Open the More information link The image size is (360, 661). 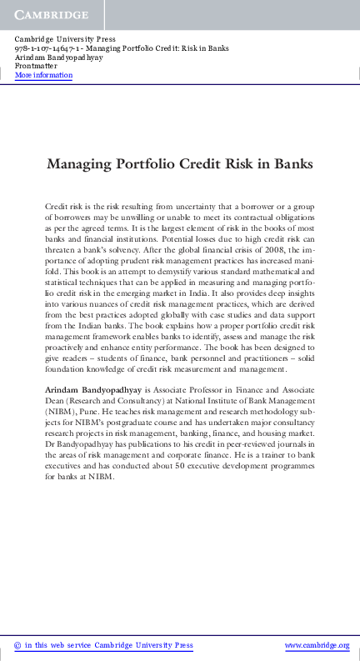(43, 76)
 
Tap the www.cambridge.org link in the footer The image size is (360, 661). (317, 645)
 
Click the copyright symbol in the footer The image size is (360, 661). (17, 645)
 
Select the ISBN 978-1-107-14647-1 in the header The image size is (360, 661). (46, 49)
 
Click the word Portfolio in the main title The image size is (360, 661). (142, 164)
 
